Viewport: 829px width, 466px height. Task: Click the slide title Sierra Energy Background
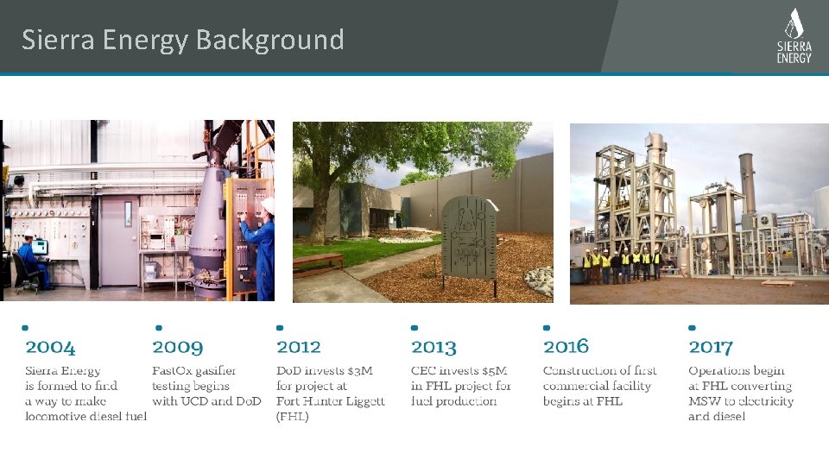pyautogui.click(x=182, y=40)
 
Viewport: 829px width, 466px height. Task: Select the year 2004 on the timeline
pyautogui.click(x=50, y=348)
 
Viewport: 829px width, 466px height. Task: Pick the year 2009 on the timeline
pyautogui.click(x=178, y=348)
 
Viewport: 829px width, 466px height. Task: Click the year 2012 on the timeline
pyautogui.click(x=299, y=347)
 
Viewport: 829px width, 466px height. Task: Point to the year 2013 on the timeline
pyautogui.click(x=433, y=347)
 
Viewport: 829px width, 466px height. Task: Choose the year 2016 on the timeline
pyautogui.click(x=566, y=347)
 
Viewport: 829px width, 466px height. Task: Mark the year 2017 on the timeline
pyautogui.click(x=710, y=347)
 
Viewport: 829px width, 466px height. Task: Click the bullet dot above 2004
pyautogui.click(x=25, y=328)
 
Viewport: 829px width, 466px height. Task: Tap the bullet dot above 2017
pyautogui.click(x=692, y=328)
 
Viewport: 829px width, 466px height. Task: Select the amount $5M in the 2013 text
pyautogui.click(x=493, y=371)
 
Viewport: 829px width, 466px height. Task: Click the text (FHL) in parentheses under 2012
pyautogui.click(x=292, y=416)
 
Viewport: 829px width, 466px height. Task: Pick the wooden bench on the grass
pyautogui.click(x=318, y=261)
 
